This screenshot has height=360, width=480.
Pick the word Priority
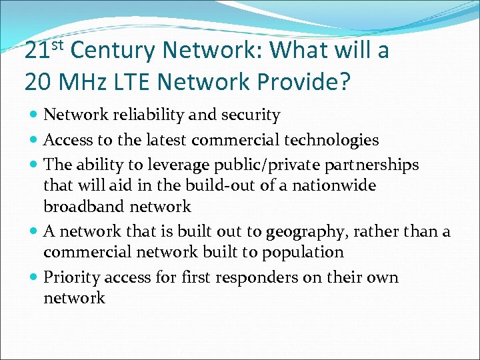point(71,278)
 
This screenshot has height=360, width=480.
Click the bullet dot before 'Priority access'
point(34,277)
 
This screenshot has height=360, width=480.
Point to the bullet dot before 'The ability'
point(34,165)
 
